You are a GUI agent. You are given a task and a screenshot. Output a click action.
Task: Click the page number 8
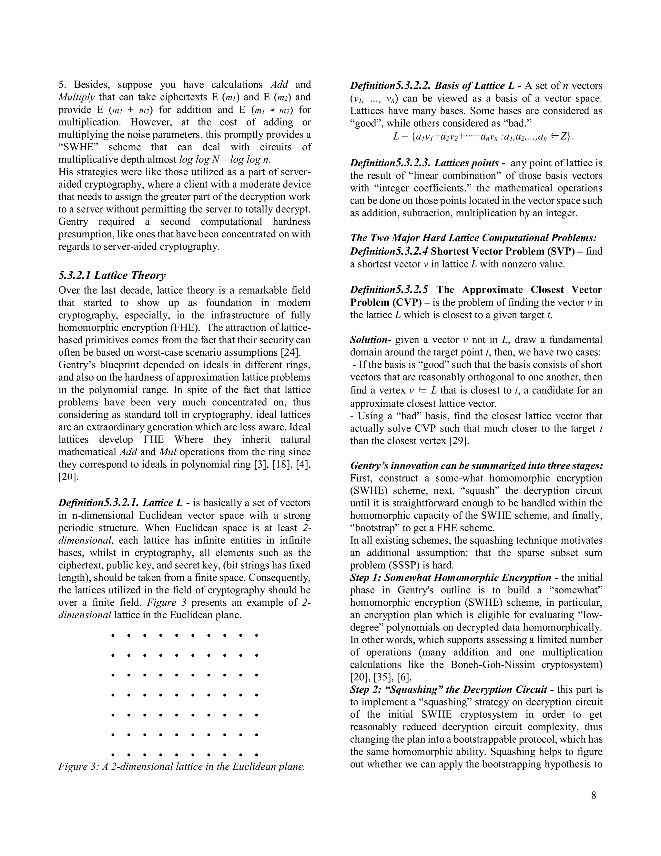594,795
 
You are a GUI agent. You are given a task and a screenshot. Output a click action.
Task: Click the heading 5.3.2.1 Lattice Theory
112,275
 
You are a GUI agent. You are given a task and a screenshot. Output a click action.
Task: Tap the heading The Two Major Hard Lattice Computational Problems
473,238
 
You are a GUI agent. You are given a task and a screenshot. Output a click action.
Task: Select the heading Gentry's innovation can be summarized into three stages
476,465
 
